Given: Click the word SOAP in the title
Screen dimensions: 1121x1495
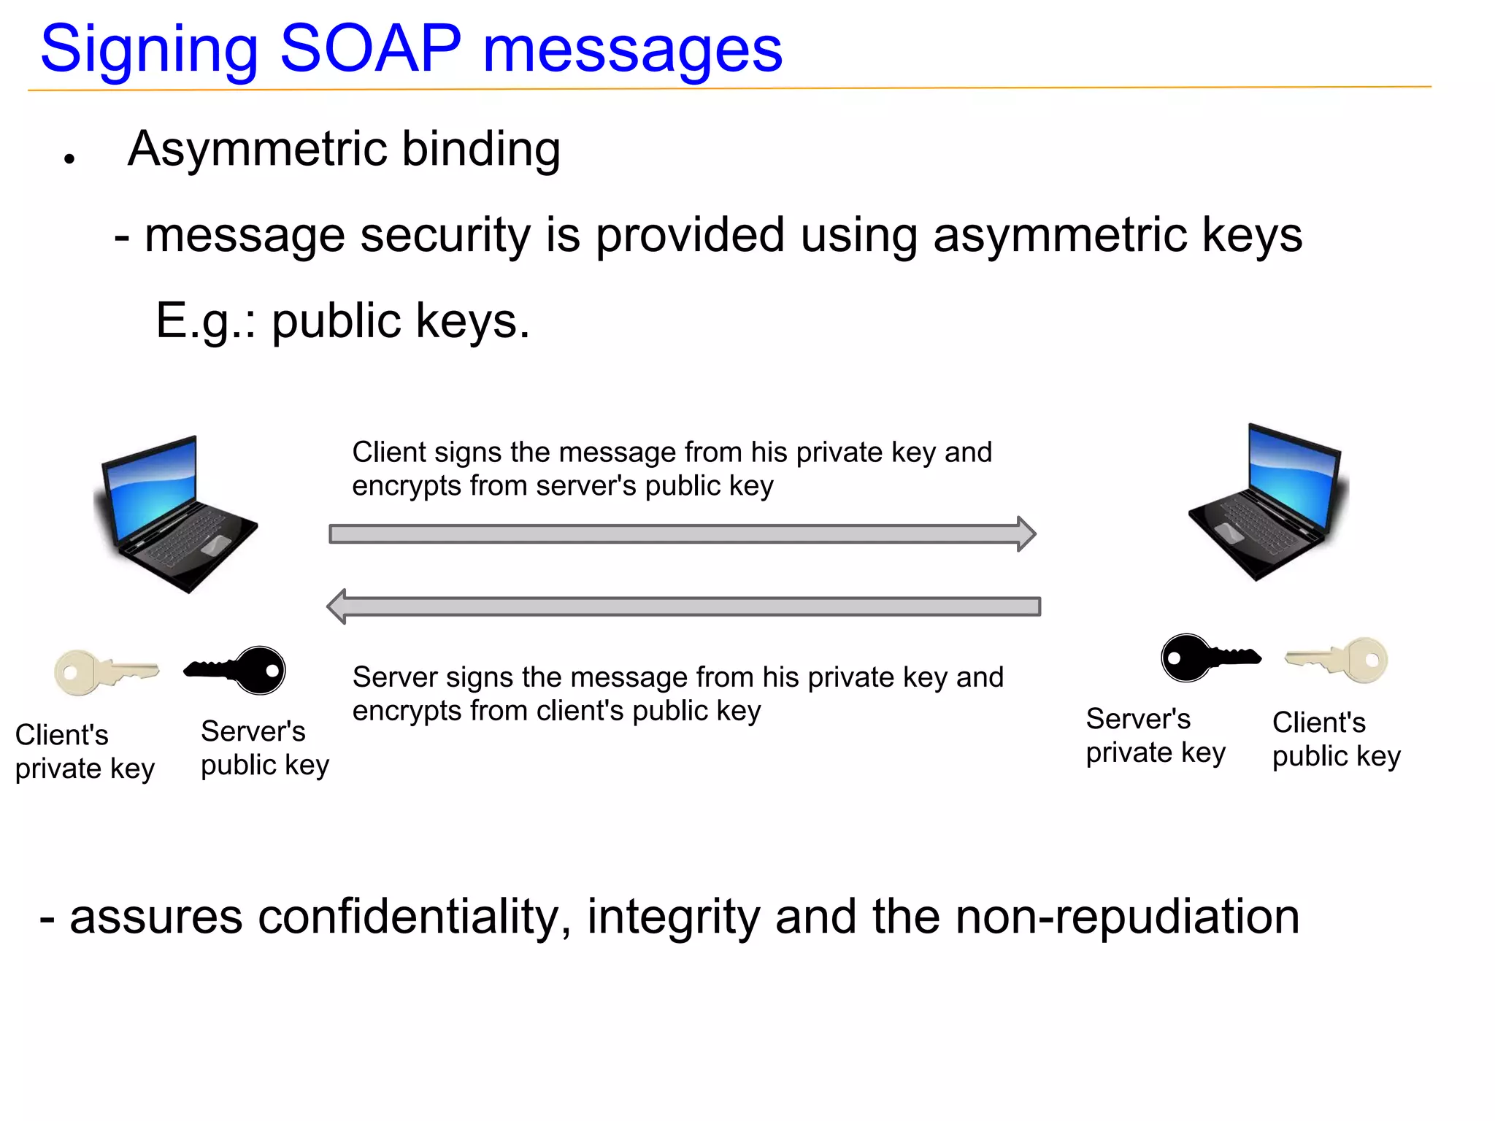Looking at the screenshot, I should pyautogui.click(x=370, y=49).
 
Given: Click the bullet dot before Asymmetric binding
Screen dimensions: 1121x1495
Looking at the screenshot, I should pyautogui.click(x=69, y=158).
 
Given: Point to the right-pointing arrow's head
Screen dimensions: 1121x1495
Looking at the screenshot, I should pyautogui.click(x=1026, y=533).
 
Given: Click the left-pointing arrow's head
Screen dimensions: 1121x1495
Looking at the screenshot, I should pyautogui.click(x=337, y=606).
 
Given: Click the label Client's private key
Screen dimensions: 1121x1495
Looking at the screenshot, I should pyautogui.click(x=84, y=752).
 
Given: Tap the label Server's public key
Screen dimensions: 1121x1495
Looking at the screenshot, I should pyautogui.click(x=264, y=748).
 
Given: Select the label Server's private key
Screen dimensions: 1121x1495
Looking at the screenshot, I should pyautogui.click(x=1155, y=736).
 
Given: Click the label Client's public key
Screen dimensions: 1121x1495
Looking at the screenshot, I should pyautogui.click(x=1336, y=739).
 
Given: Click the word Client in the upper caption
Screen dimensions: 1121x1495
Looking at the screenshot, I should pyautogui.click(x=388, y=452).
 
